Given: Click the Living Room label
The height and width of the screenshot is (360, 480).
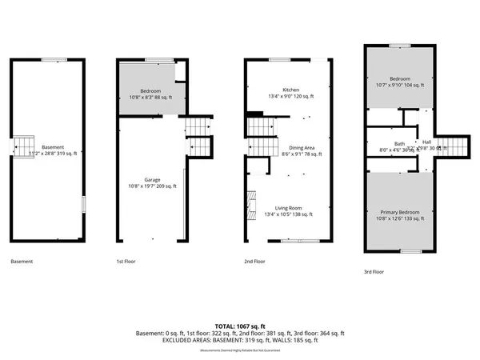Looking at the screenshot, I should click(x=290, y=210).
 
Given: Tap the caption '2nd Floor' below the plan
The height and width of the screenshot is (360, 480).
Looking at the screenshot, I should click(x=254, y=262).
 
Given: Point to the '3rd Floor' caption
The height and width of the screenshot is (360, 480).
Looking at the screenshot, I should click(x=374, y=272).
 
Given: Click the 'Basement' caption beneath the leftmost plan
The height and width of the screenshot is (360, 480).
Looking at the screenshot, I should click(x=22, y=262).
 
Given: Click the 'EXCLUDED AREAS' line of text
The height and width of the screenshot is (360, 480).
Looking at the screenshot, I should click(x=239, y=340).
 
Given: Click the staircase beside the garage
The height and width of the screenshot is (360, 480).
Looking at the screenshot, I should click(x=198, y=135).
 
